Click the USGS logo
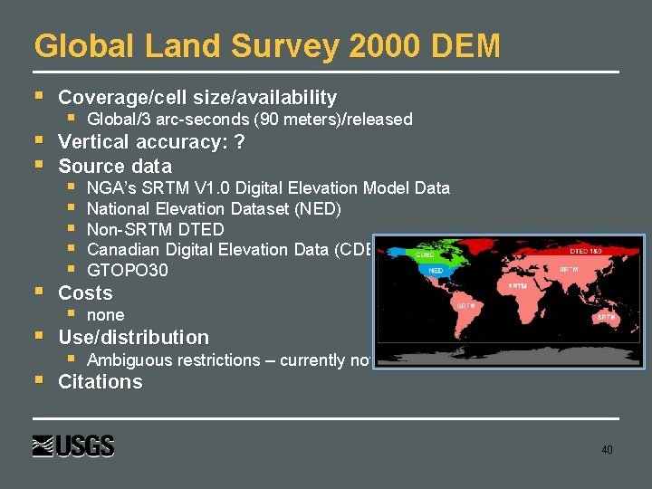pos(73,446)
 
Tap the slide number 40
pos(607,449)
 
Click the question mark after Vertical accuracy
pos(239,142)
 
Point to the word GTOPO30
pos(127,271)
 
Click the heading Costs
pos(85,292)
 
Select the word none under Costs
pos(105,315)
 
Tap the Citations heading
pos(100,381)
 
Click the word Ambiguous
pos(128,360)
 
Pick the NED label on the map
pos(436,270)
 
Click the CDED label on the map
pos(424,255)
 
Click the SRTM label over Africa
pos(517,285)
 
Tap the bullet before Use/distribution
pos(38,336)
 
